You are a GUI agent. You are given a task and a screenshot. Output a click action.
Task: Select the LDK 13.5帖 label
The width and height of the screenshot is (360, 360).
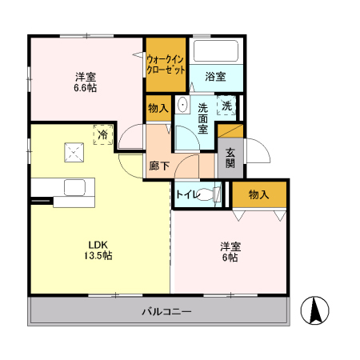point(99,250)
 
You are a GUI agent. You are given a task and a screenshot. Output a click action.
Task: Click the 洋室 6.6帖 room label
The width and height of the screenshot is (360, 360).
point(86,82)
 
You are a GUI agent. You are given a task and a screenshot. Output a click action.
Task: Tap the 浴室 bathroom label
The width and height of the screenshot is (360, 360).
point(214,77)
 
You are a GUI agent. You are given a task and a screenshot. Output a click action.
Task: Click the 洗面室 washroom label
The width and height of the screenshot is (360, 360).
point(203,118)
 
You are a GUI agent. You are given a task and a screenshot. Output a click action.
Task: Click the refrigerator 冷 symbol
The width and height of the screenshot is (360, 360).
point(102,135)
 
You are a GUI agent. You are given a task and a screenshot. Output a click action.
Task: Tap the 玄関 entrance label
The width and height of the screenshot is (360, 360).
point(230,157)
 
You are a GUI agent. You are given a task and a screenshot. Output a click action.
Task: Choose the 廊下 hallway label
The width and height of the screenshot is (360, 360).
point(158,166)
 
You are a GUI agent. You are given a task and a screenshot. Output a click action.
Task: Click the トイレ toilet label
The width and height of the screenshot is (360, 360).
point(186,194)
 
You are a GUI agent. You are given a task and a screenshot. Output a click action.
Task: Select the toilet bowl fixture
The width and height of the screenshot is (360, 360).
point(210,194)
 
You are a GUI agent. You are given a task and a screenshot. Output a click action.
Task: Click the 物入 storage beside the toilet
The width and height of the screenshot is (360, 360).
point(258,194)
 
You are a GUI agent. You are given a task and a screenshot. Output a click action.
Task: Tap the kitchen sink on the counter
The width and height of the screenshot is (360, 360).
point(74,188)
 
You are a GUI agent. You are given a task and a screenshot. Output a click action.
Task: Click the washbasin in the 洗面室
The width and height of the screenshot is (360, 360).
point(182,105)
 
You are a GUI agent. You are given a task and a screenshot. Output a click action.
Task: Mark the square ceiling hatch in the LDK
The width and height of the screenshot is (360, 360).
point(75,150)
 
